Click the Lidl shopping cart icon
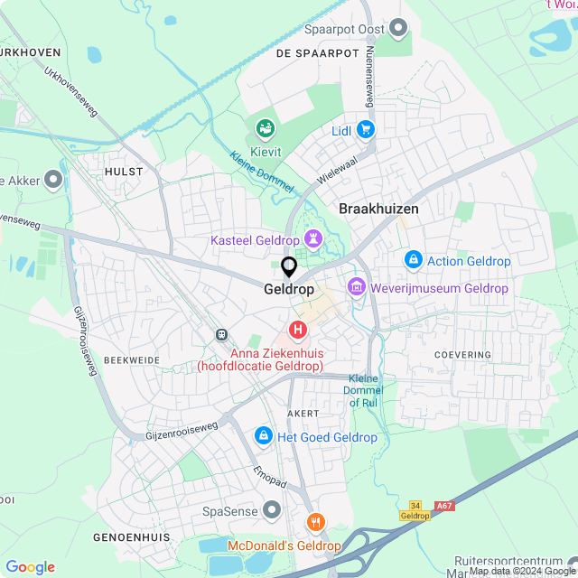(x=365, y=129)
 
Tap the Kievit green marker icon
(x=265, y=129)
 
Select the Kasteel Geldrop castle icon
(x=313, y=240)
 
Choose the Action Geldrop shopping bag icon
(x=414, y=260)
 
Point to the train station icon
(x=220, y=334)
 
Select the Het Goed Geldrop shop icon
(x=263, y=436)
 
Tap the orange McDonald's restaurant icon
(x=315, y=523)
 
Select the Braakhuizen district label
(x=378, y=209)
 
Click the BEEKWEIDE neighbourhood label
(x=131, y=359)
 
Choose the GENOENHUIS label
(x=131, y=536)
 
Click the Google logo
(x=31, y=566)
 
